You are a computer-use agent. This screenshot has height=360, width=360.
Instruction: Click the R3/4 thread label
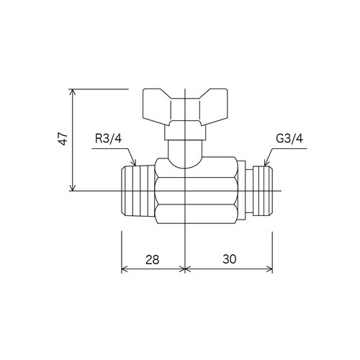[108, 138]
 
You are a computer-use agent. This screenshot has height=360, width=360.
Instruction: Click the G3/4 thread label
[289, 138]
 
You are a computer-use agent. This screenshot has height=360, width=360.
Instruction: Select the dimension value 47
[63, 138]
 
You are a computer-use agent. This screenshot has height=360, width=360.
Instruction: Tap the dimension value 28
[153, 260]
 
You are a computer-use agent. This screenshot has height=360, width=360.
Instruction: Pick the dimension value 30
[230, 259]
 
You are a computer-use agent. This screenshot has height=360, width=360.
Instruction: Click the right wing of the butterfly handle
[214, 106]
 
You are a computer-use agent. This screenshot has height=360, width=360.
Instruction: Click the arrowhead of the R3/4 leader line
[135, 163]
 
